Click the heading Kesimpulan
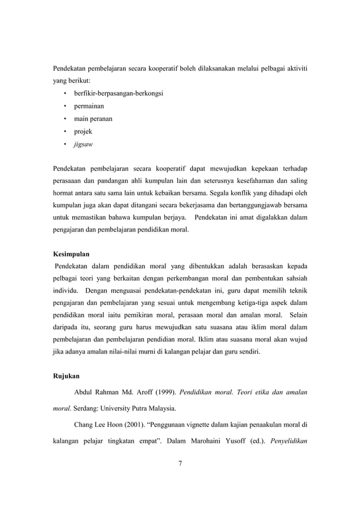pyautogui.click(x=72, y=254)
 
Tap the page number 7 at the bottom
pyautogui.click(x=180, y=464)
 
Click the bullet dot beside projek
pyautogui.click(x=66, y=131)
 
